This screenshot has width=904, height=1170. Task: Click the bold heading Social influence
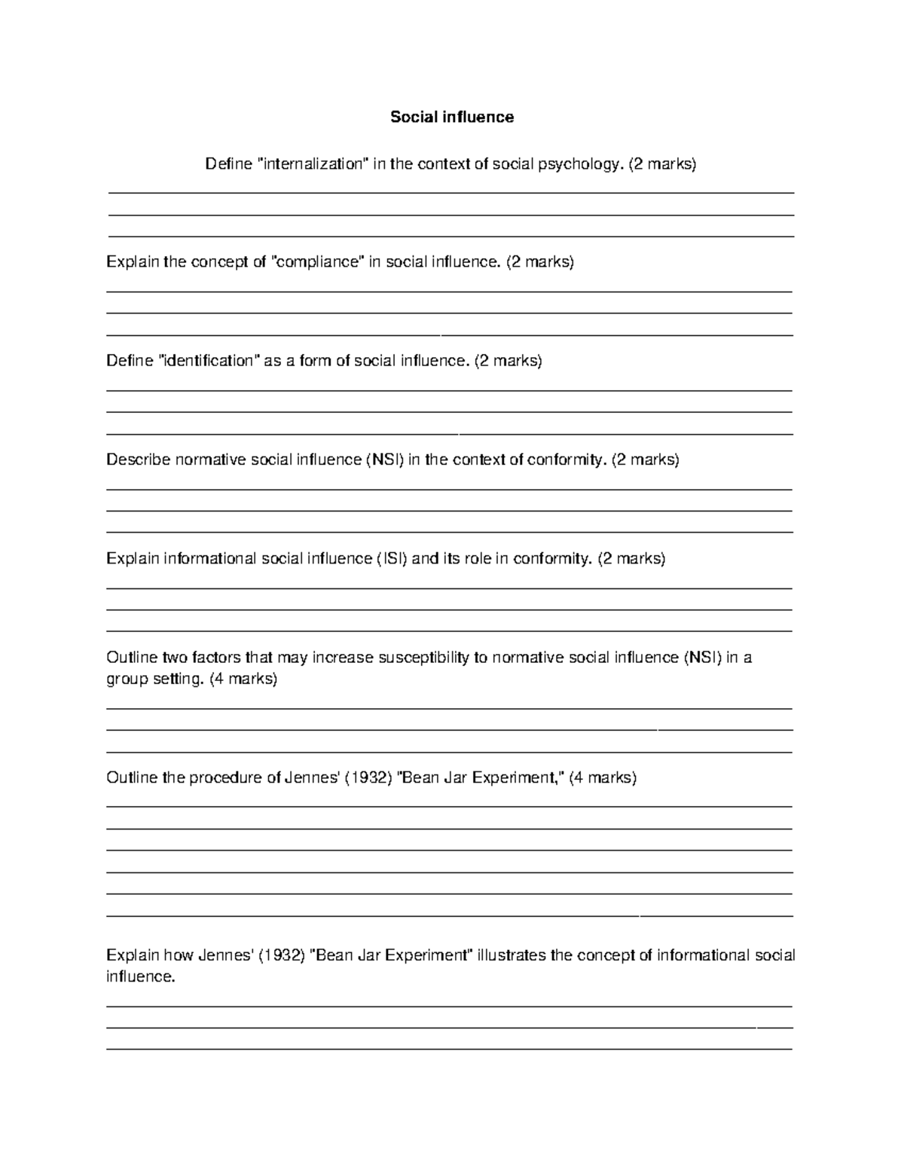click(x=452, y=117)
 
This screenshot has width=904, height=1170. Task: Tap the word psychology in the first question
click(x=579, y=164)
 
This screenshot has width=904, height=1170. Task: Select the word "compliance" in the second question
click(x=317, y=262)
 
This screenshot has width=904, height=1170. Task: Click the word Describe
click(x=139, y=460)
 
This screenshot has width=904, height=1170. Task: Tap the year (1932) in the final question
click(x=281, y=956)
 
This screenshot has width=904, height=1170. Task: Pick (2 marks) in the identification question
click(x=508, y=361)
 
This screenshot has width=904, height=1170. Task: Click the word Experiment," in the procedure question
click(x=518, y=778)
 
